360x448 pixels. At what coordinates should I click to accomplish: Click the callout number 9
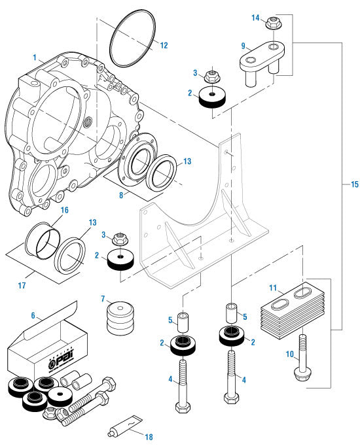coord(243,46)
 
